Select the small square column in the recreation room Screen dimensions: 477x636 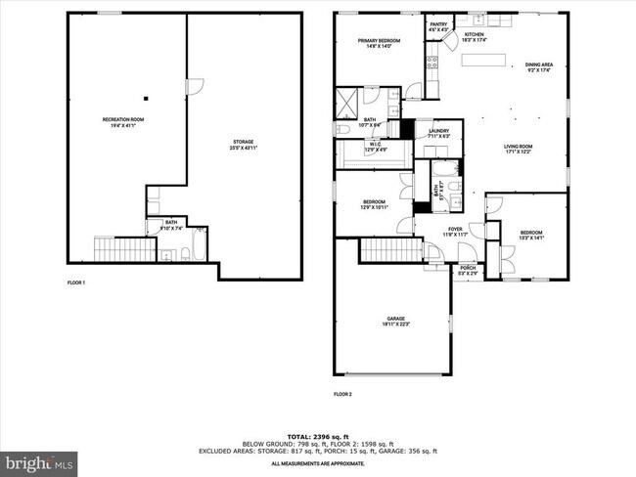click(145, 98)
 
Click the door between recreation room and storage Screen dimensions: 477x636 click(194, 88)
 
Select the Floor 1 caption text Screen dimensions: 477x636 click(76, 282)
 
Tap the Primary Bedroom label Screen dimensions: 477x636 click(371, 43)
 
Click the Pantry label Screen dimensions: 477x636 click(437, 27)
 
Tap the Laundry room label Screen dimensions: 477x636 click(438, 132)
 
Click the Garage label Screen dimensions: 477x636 click(395, 322)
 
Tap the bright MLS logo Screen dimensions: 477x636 click(39, 460)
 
